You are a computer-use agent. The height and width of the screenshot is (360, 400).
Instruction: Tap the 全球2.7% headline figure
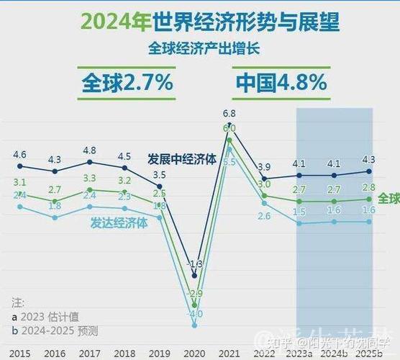tap(127, 82)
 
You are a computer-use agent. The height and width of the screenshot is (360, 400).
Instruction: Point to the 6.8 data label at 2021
tap(229, 113)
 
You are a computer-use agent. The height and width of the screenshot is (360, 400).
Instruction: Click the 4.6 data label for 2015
tap(20, 154)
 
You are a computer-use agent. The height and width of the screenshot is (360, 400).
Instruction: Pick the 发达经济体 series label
tap(119, 222)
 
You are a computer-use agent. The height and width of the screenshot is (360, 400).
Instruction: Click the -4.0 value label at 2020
tap(194, 314)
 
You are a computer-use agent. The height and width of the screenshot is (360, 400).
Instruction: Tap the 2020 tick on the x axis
tap(194, 352)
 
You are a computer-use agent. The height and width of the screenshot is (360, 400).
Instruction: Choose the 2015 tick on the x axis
tap(20, 352)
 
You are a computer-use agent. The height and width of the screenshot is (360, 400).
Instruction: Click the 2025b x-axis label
tap(369, 352)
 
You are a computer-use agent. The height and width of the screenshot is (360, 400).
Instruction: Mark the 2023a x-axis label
tap(299, 352)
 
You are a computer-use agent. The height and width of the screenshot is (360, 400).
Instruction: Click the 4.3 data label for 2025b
tap(369, 159)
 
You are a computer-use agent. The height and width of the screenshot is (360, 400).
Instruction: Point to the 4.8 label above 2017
tap(90, 150)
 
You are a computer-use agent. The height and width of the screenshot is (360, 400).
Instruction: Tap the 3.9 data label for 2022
tap(264, 167)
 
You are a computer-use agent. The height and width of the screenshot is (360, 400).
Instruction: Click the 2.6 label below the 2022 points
tap(264, 216)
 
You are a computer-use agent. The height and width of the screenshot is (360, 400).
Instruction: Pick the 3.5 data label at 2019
tap(160, 175)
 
